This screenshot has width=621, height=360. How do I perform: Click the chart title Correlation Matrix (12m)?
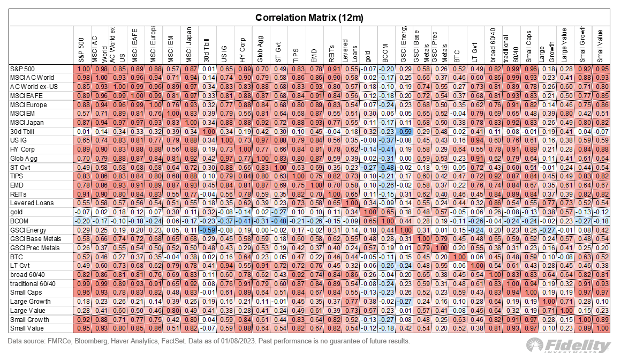[x=309, y=17]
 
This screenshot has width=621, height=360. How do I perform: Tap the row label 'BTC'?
[x=17, y=257]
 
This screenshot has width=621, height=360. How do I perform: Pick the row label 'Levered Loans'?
[x=31, y=204]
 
